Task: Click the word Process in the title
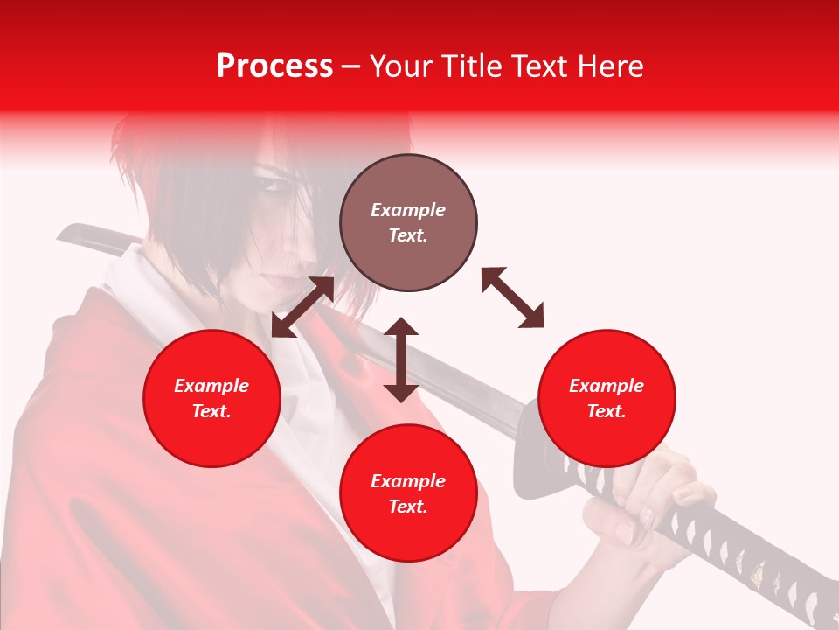[274, 66]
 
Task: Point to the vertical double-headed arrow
[401, 360]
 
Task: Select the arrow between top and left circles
[302, 307]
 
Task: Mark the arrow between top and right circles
[512, 297]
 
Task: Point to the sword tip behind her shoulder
[70, 233]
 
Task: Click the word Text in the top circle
[407, 235]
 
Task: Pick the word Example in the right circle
[606, 386]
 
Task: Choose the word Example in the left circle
[211, 386]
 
